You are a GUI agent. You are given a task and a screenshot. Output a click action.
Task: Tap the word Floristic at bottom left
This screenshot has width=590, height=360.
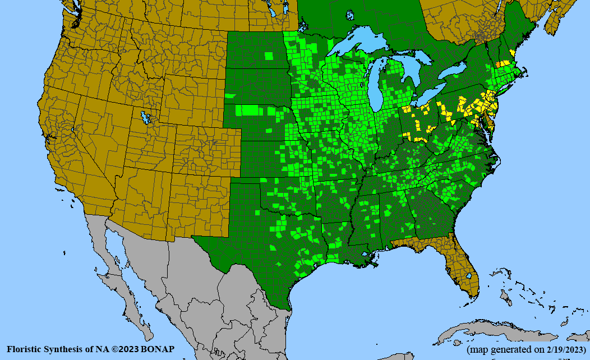[25, 349]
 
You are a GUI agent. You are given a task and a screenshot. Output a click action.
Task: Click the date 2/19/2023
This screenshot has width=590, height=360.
[563, 349]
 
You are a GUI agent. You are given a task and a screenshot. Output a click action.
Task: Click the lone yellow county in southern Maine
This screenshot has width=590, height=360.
[511, 53]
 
